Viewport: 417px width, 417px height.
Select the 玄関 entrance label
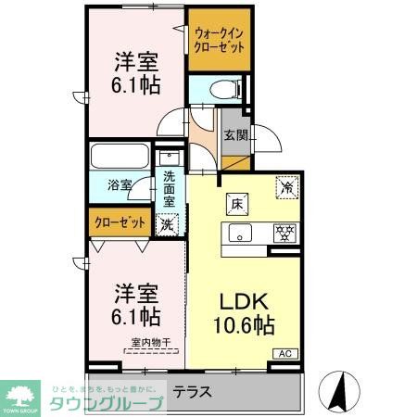pyautogui.click(x=235, y=134)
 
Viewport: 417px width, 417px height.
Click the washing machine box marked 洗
pyautogui.click(x=167, y=222)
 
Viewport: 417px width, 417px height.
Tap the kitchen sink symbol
pyautogui.click(x=240, y=232)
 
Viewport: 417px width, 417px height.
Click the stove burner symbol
pyautogui.click(x=284, y=232)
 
